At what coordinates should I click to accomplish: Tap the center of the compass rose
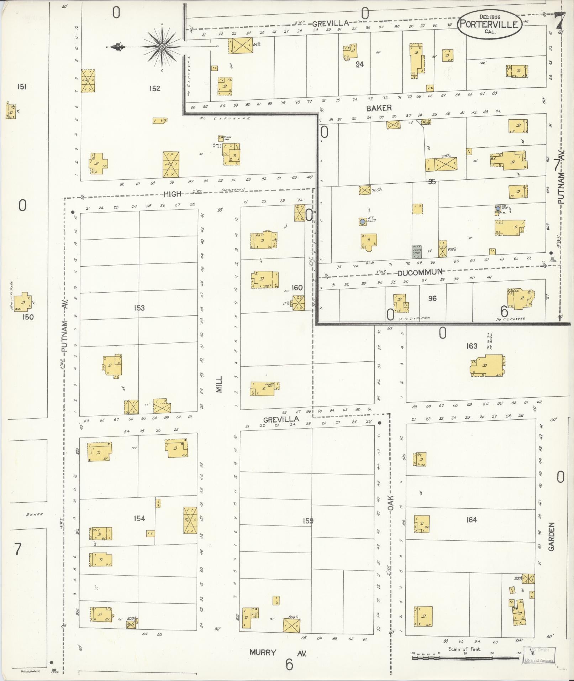(162, 47)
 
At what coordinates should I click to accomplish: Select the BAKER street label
(379, 108)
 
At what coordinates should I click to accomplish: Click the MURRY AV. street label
(278, 653)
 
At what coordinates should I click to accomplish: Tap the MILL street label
(219, 384)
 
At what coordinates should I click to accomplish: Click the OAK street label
(390, 503)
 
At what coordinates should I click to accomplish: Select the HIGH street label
(172, 194)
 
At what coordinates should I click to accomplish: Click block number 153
(139, 308)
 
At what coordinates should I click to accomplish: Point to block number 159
(308, 521)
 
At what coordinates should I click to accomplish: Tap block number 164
(471, 520)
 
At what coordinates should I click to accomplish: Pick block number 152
(155, 88)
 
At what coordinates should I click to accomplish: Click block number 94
(359, 64)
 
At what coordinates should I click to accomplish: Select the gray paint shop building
(417, 252)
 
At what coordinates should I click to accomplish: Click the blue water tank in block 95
(362, 221)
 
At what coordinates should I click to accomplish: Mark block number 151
(22, 87)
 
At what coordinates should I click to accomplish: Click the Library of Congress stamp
(539, 655)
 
